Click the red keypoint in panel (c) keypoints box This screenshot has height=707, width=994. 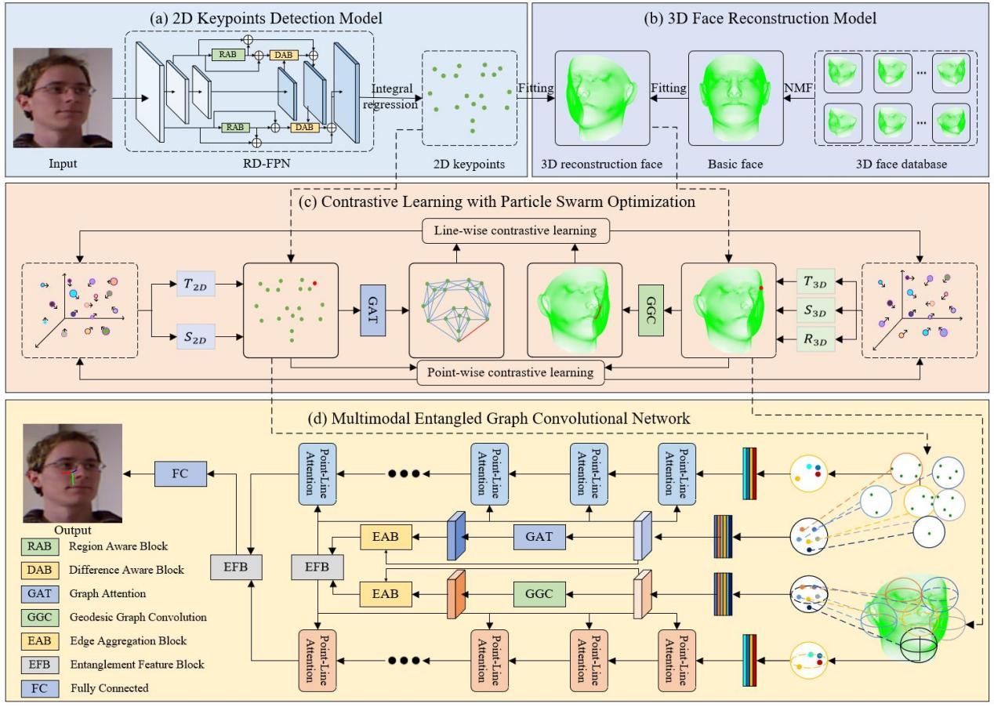314,282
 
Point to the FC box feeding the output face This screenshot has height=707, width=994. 179,473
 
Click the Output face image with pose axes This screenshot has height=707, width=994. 73,473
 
